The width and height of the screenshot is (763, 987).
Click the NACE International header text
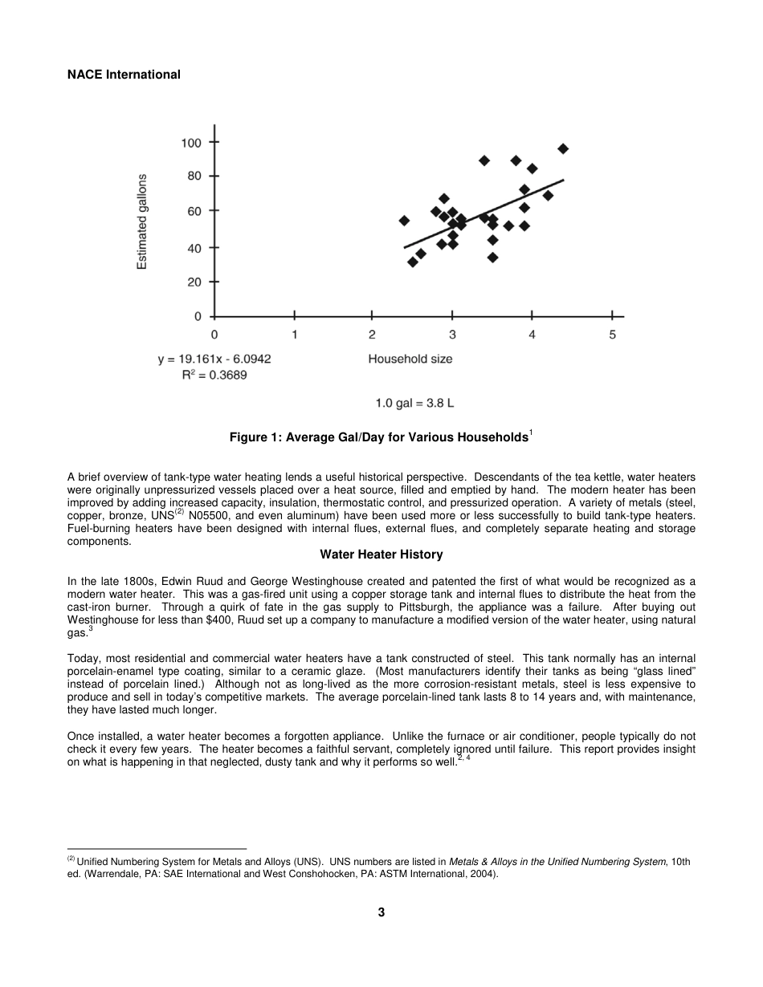(124, 75)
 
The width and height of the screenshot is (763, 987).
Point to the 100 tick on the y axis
(191, 143)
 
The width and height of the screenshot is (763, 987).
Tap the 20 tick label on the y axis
(194, 282)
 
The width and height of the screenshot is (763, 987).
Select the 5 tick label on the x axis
(612, 335)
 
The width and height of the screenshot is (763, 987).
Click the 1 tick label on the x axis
(295, 335)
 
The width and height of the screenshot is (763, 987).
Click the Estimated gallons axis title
(142, 221)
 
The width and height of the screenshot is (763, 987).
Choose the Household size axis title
(410, 359)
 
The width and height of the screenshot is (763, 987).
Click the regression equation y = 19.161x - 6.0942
(214, 359)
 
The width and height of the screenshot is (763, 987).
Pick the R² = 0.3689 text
(214, 376)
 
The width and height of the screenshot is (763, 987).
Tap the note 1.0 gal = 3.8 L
(414, 403)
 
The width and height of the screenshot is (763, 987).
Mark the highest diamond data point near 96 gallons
(563, 148)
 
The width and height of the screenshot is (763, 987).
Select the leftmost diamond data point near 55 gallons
(404, 221)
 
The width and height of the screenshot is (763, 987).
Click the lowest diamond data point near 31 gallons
(412, 262)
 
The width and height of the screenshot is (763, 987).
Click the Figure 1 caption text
(381, 437)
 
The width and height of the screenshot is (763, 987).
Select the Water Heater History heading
(381, 554)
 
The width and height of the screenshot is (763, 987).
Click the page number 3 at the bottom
(381, 912)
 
